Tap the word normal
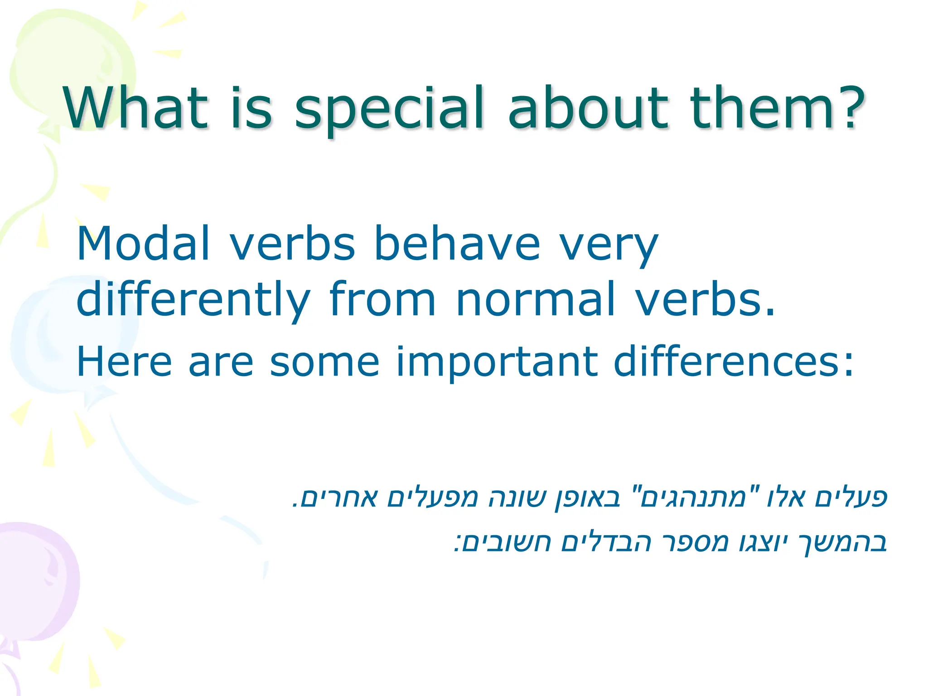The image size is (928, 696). [536, 299]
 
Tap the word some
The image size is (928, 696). [324, 362]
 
